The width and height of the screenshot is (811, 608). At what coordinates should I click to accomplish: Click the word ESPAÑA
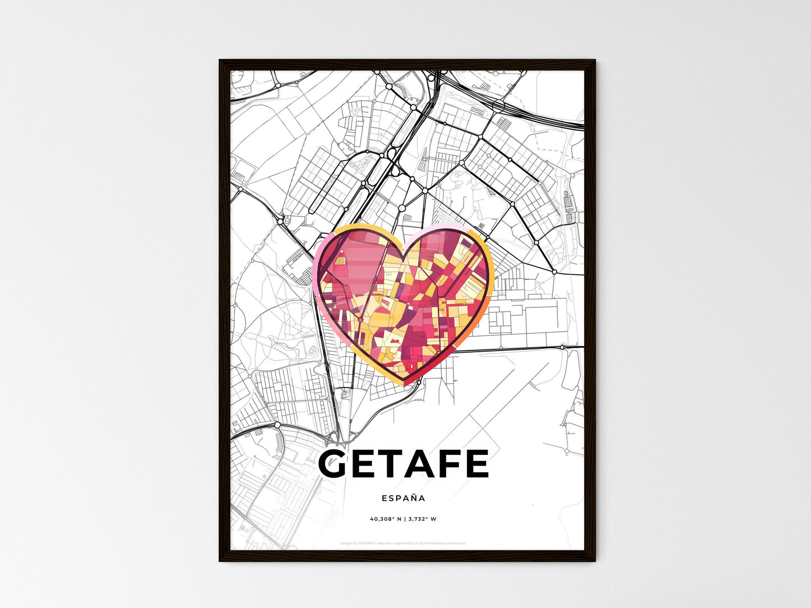click(x=403, y=498)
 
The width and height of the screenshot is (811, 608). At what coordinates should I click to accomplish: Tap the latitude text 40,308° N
click(x=385, y=519)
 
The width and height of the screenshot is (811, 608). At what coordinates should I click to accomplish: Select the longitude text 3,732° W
click(x=423, y=519)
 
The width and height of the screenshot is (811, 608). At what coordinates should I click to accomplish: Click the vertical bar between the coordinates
click(x=404, y=519)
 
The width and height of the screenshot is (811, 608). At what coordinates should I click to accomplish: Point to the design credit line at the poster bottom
click(x=403, y=543)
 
